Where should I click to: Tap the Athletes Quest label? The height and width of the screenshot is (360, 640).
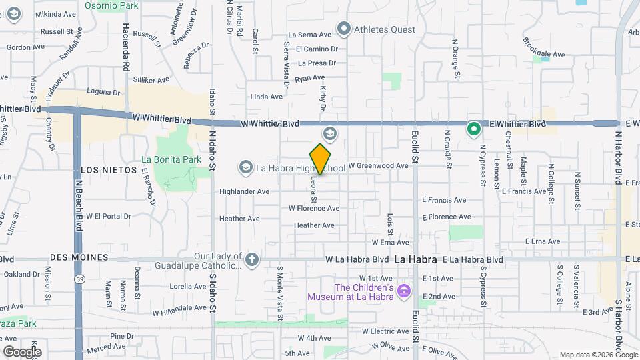(x=384, y=29)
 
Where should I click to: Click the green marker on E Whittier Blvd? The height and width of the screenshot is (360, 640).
(x=474, y=129)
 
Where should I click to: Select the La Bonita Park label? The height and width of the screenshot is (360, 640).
(x=171, y=160)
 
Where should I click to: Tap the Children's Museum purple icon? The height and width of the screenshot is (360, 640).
(x=403, y=291)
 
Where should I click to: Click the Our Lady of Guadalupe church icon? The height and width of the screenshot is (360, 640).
(x=251, y=259)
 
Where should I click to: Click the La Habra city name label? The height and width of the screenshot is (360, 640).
(x=415, y=259)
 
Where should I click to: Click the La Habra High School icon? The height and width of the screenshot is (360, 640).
(x=245, y=167)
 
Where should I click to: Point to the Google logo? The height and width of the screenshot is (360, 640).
(x=21, y=351)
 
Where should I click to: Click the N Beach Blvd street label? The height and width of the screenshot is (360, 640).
(x=79, y=200)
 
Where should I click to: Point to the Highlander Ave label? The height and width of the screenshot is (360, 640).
(x=244, y=191)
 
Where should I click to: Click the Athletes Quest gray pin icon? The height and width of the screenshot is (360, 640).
(x=344, y=29)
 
